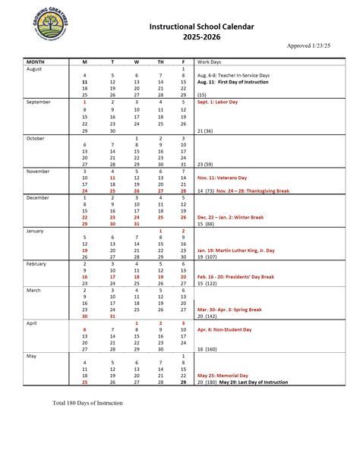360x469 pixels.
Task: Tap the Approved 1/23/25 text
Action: (x=308, y=46)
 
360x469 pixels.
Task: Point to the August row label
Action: (x=34, y=68)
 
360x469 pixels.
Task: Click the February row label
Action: (x=36, y=263)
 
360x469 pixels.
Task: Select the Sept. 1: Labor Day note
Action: (x=218, y=101)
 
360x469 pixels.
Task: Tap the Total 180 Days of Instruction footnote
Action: (x=87, y=401)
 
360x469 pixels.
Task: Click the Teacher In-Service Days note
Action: (x=234, y=76)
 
